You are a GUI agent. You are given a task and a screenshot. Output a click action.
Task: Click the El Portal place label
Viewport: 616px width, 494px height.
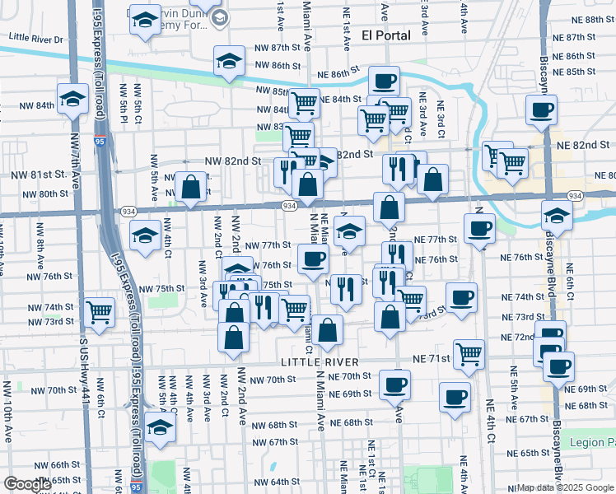(389, 35)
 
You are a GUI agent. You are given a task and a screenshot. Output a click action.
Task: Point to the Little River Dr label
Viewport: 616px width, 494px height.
(36, 39)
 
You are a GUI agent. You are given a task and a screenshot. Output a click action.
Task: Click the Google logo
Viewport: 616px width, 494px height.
(27, 483)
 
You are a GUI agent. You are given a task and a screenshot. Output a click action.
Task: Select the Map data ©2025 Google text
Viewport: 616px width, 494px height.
(565, 487)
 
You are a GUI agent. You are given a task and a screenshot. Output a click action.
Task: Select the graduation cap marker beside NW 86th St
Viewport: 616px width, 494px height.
(229, 60)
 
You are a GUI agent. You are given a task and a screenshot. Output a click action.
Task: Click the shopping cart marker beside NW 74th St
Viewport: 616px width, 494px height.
(99, 312)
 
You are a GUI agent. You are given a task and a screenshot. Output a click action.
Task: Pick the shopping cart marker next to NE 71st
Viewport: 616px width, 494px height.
(469, 354)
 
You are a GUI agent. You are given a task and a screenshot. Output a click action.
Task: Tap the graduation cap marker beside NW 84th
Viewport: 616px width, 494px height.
(72, 99)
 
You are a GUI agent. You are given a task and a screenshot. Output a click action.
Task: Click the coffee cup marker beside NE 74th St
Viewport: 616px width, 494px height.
(461, 296)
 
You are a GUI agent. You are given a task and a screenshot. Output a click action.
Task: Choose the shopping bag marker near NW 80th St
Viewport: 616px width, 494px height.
(191, 186)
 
